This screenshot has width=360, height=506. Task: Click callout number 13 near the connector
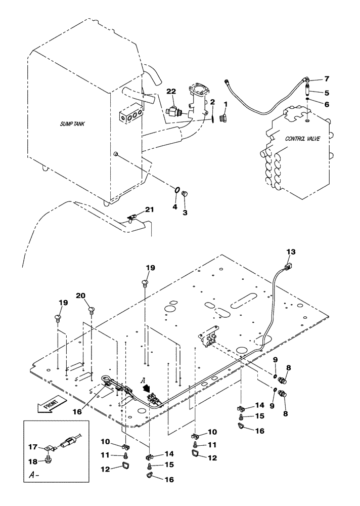click(290, 251)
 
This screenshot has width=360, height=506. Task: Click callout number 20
click(81, 296)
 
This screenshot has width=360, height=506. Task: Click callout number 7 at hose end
click(327, 79)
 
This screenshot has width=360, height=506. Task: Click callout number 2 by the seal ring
click(213, 102)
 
